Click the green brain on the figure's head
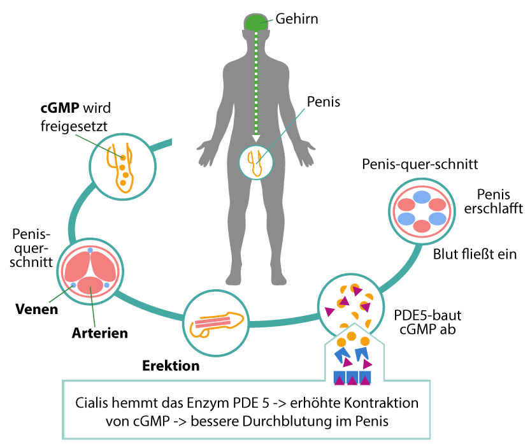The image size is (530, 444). click(256, 22)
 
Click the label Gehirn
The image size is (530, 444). click(297, 18)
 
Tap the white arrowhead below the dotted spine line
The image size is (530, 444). click(256, 137)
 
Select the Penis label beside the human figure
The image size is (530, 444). click(324, 101)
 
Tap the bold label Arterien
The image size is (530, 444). click(100, 333)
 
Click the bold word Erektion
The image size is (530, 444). click(170, 366)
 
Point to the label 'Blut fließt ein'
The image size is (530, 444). click(475, 254)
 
